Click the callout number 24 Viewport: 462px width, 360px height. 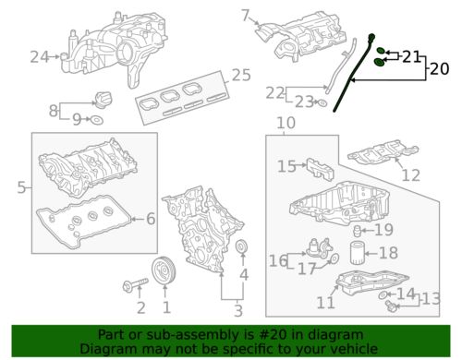click(x=40, y=57)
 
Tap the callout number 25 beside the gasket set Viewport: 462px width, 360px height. click(x=241, y=75)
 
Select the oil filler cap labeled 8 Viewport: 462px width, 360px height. click(x=103, y=100)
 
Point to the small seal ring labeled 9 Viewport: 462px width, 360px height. click(x=96, y=120)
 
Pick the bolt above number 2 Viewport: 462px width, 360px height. click(x=136, y=284)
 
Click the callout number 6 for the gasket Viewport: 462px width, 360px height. click(x=151, y=219)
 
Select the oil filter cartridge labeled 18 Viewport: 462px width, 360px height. click(x=358, y=253)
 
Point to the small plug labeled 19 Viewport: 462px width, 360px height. click(x=357, y=231)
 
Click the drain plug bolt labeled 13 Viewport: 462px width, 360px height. click(x=390, y=306)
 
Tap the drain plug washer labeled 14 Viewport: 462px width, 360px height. click(x=383, y=295)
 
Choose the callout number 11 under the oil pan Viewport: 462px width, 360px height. click(x=326, y=303)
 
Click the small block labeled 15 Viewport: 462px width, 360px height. click(x=321, y=169)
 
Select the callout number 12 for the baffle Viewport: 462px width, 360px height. click(x=411, y=175)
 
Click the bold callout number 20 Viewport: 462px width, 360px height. click(x=440, y=68)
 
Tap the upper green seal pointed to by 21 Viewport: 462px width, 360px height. click(x=381, y=51)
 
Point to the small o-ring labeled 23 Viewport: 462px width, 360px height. click(x=322, y=102)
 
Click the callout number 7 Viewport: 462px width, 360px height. click(x=245, y=16)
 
